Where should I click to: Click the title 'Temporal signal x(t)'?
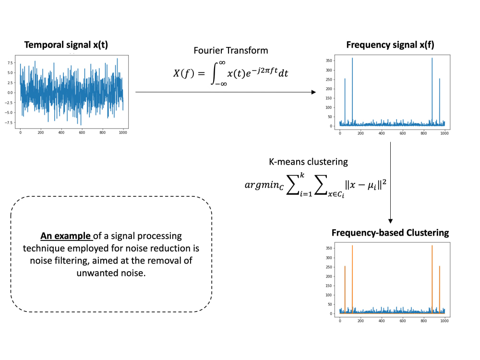pos(66,46)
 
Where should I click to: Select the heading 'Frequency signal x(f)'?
pos(390,46)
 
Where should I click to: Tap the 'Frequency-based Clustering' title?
pos(390,233)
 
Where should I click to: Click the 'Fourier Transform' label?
pos(231,50)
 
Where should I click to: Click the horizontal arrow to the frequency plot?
pos(226,92)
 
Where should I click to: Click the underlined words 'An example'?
pos(66,236)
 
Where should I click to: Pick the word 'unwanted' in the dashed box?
pos(94,273)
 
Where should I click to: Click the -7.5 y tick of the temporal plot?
pos(9,122)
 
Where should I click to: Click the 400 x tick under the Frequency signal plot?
pos(382,133)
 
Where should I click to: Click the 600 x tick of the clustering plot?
pos(403,321)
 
